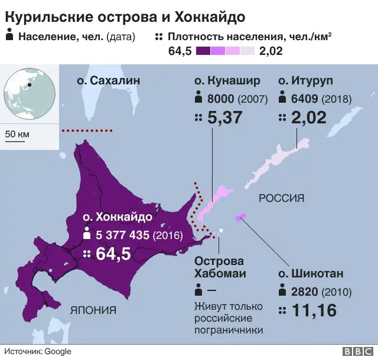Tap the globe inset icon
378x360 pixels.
30,94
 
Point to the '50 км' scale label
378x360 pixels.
17,134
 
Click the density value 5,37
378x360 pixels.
225,117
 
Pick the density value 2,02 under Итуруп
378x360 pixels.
308,117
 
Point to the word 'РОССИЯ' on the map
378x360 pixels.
281,198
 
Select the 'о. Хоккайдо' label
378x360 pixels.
118,217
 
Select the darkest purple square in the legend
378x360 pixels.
203,51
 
